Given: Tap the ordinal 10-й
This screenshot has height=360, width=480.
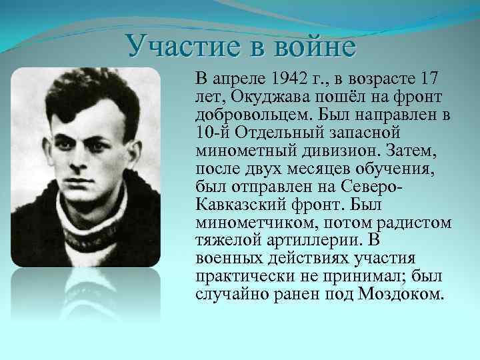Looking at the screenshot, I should (211, 132).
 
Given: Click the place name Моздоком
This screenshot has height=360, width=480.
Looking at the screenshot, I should (399, 294).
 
